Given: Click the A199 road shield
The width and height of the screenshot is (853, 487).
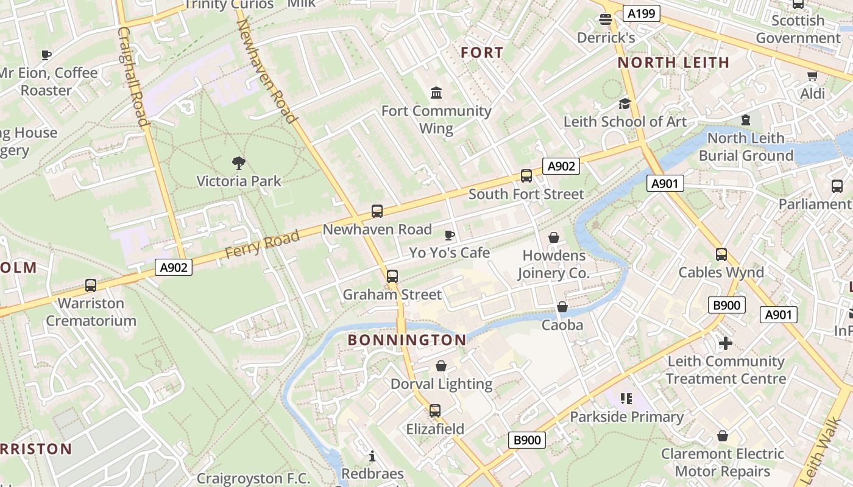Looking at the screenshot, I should [642, 13].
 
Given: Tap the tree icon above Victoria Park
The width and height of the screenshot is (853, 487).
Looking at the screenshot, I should [239, 163].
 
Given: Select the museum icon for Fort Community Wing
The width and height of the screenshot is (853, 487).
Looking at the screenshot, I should [436, 93].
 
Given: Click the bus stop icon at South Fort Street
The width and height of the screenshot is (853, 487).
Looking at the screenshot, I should [526, 176].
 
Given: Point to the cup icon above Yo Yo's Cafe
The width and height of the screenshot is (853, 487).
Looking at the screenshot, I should [450, 234].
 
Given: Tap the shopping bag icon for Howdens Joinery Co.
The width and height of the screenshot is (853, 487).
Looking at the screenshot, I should [554, 237].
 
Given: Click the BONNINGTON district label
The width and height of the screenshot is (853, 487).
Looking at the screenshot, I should [407, 340].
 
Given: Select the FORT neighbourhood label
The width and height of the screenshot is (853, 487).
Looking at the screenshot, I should [482, 53].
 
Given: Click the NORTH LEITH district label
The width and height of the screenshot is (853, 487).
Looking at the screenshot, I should [673, 63].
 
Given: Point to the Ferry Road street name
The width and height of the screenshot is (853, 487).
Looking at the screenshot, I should [263, 244].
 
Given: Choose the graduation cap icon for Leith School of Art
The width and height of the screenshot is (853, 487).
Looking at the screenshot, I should [625, 104].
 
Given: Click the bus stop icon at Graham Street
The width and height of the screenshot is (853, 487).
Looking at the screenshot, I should [392, 276].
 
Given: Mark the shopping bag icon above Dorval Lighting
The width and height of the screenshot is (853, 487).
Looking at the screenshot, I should [441, 366].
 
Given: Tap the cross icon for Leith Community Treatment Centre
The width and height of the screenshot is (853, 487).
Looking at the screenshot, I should [725, 343].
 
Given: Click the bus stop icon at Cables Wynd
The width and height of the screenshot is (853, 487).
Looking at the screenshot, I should [721, 254].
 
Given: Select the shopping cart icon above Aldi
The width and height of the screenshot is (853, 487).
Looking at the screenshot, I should [812, 75].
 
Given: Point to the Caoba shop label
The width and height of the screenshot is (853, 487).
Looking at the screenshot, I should [562, 325].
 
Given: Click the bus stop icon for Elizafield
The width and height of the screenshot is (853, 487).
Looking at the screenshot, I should [434, 411].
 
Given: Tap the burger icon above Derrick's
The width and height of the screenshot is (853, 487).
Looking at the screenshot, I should [606, 19].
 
